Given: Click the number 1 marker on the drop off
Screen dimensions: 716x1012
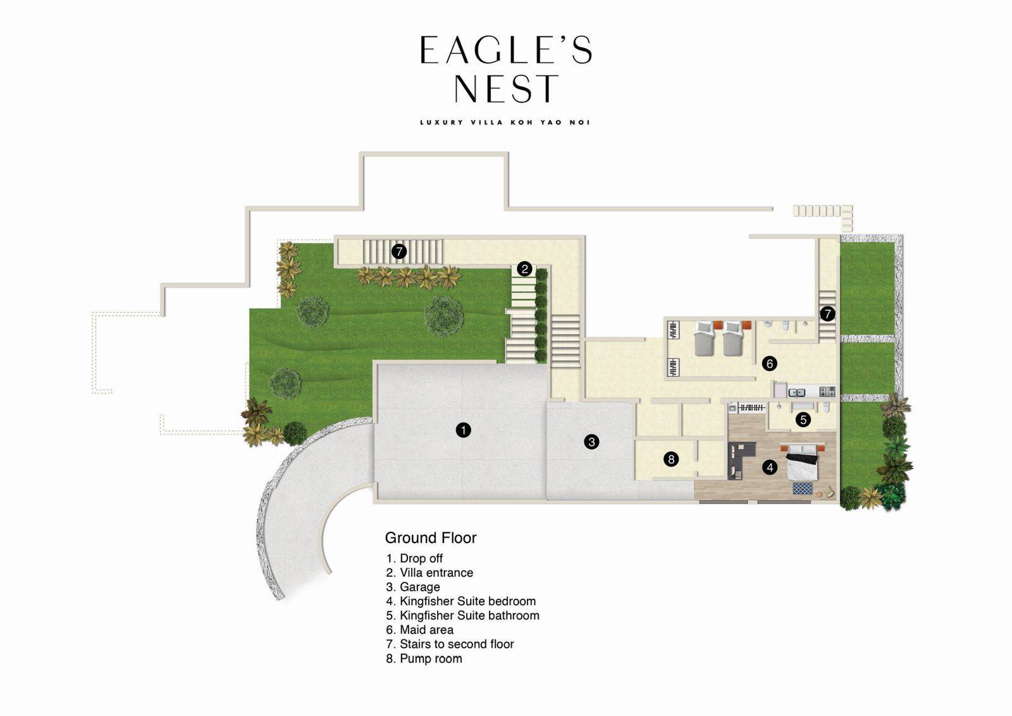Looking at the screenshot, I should tap(464, 430).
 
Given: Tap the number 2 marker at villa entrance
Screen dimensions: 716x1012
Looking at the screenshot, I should tap(524, 269).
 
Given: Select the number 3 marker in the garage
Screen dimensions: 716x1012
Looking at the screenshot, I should tap(591, 442).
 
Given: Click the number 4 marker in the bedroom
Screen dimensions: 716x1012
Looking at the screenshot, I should tap(770, 467).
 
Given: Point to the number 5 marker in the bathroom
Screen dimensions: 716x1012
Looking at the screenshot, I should tap(803, 419).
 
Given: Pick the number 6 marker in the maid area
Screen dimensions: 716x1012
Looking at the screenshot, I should tap(769, 363).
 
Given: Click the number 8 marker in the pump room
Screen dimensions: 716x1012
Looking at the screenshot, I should tap(671, 459).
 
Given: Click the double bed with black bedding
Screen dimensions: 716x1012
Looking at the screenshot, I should tap(803, 463).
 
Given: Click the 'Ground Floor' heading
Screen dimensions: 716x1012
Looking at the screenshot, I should tap(431, 537).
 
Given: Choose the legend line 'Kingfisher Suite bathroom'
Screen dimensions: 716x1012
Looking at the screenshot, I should tap(463, 615).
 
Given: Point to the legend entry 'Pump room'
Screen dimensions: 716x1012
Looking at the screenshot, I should tap(424, 658).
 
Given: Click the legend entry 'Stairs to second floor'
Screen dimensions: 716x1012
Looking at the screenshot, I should tap(450, 644).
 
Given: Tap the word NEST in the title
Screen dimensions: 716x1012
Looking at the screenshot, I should tap(507, 89).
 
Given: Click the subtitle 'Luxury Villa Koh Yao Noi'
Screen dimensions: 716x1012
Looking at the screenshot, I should tap(505, 122).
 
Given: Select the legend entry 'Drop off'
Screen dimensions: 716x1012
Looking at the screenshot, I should tap(415, 558).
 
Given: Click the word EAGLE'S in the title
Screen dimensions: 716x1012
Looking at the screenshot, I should tap(506, 51).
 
